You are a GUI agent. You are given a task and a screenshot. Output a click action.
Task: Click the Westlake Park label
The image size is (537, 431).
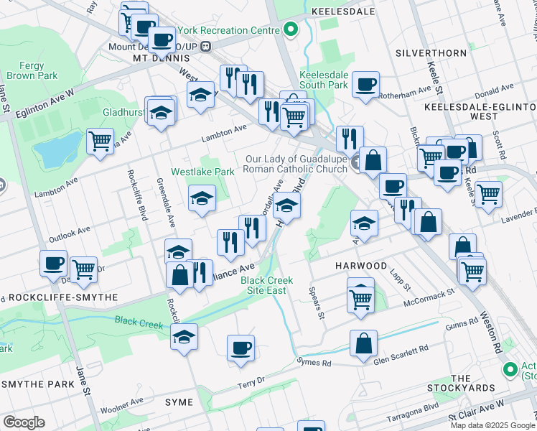click(x=202, y=172)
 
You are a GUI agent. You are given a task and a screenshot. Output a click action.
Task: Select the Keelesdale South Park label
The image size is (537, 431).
click(x=323, y=80)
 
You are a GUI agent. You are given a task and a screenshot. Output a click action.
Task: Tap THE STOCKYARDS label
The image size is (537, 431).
click(x=472, y=383)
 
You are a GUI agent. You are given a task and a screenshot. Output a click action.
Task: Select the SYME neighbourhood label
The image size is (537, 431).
click(x=180, y=401)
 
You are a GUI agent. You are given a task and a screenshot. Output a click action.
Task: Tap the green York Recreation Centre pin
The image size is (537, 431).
click(x=291, y=30)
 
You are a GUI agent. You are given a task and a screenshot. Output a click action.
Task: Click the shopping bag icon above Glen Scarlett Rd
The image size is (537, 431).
click(x=363, y=343)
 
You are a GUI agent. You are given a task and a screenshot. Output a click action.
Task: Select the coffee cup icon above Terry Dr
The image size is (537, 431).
click(x=240, y=348)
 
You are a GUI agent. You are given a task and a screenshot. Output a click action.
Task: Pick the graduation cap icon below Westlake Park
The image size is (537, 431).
click(x=202, y=198)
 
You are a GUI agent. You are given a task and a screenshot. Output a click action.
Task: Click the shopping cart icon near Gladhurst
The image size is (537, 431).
click(x=100, y=139)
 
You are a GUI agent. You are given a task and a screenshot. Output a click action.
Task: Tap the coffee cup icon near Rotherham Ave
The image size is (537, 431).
click(x=365, y=84)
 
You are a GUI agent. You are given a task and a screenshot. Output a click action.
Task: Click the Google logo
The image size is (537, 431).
click(x=24, y=422)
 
